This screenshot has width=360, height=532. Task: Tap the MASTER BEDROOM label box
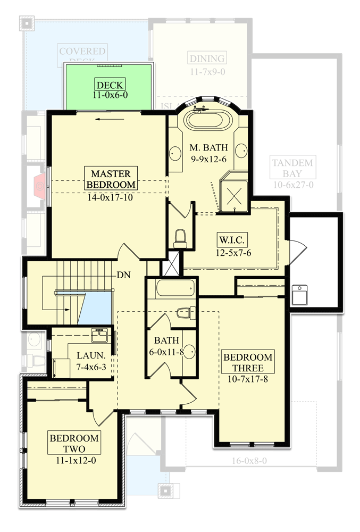coord(111,179)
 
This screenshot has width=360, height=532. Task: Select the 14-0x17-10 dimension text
coord(111,196)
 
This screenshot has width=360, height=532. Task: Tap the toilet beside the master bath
coord(180,237)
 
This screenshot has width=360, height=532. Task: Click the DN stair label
coord(124,276)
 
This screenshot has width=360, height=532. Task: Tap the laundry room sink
coord(99,336)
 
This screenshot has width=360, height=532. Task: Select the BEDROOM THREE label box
coord(248,362)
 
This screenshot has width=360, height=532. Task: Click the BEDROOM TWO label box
coord(74,443)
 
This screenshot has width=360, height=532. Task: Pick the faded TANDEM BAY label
coord(292,168)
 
